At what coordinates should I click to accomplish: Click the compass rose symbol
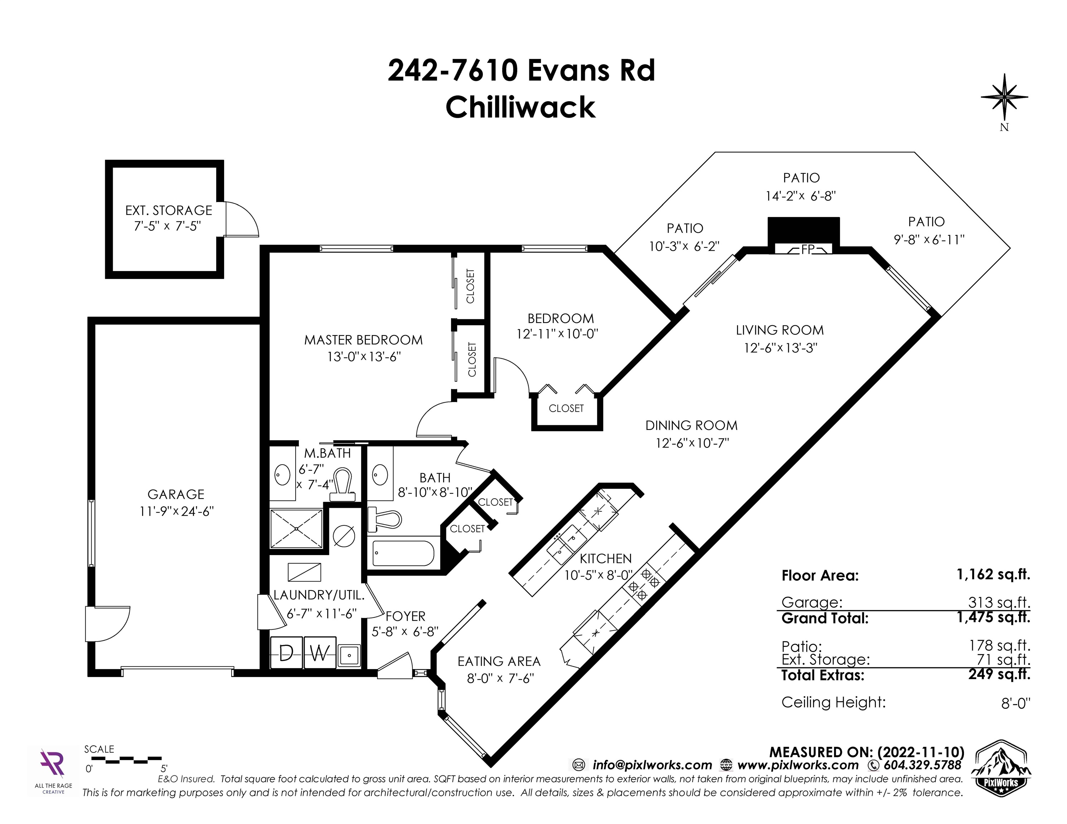(1004, 98)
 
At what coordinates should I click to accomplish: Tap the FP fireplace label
(807, 249)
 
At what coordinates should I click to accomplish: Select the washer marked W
(320, 653)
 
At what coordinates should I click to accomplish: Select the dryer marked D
(286, 653)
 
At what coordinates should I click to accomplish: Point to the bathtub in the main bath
(403, 553)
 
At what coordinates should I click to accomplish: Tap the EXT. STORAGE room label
(169, 210)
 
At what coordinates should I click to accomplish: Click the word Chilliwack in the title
(520, 107)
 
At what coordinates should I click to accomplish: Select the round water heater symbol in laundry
(344, 535)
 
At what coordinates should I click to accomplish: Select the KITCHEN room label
(605, 558)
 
